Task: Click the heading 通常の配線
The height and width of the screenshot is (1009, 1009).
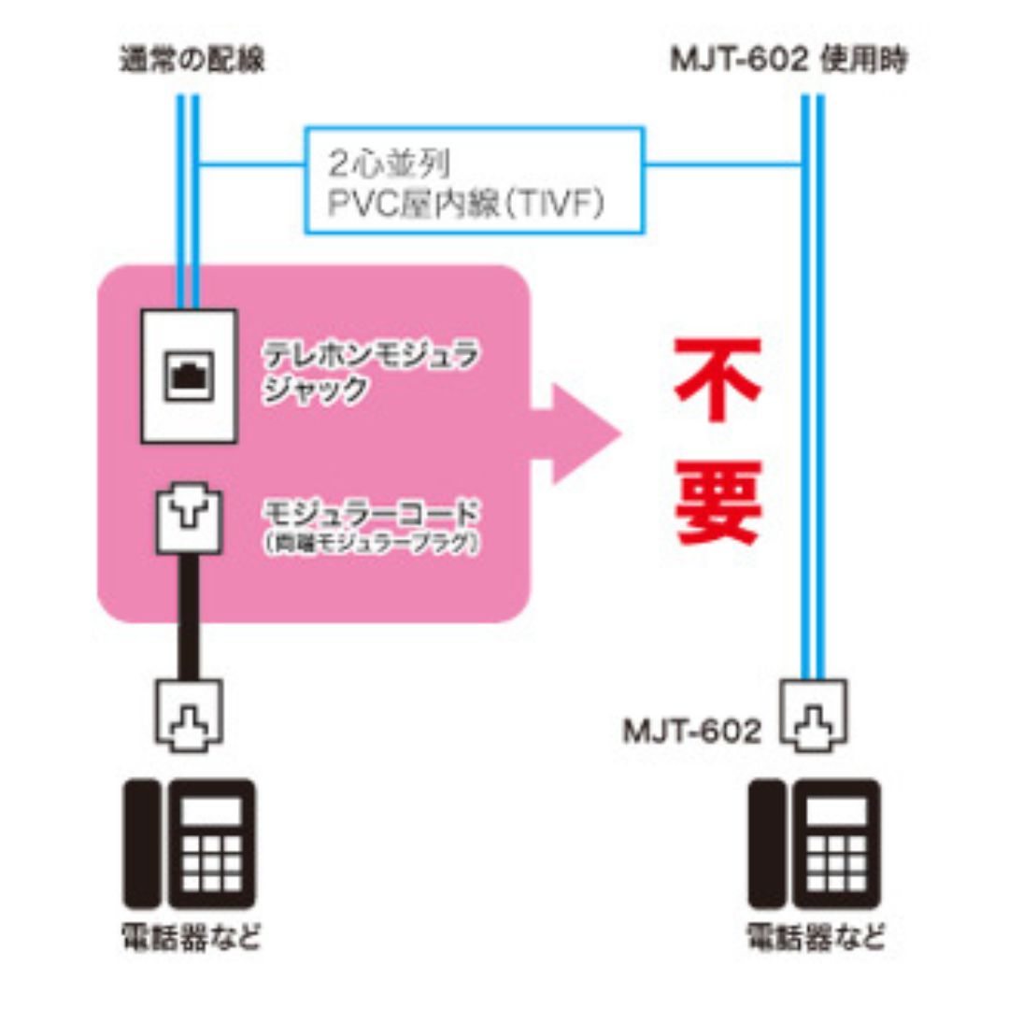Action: [x=191, y=61]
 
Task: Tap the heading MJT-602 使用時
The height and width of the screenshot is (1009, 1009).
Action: [x=788, y=61]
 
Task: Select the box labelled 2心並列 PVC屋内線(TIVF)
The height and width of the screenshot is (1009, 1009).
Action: [x=474, y=179]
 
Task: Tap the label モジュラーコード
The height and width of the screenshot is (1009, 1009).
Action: [x=371, y=513]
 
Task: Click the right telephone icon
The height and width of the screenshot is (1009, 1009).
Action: [x=815, y=843]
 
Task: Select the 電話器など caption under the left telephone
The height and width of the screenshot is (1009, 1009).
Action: [x=191, y=937]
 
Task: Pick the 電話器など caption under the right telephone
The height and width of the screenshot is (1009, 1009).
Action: [x=815, y=937]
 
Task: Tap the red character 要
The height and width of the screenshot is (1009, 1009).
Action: [x=718, y=504]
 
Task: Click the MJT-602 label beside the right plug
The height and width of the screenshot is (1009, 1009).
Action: [x=692, y=732]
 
